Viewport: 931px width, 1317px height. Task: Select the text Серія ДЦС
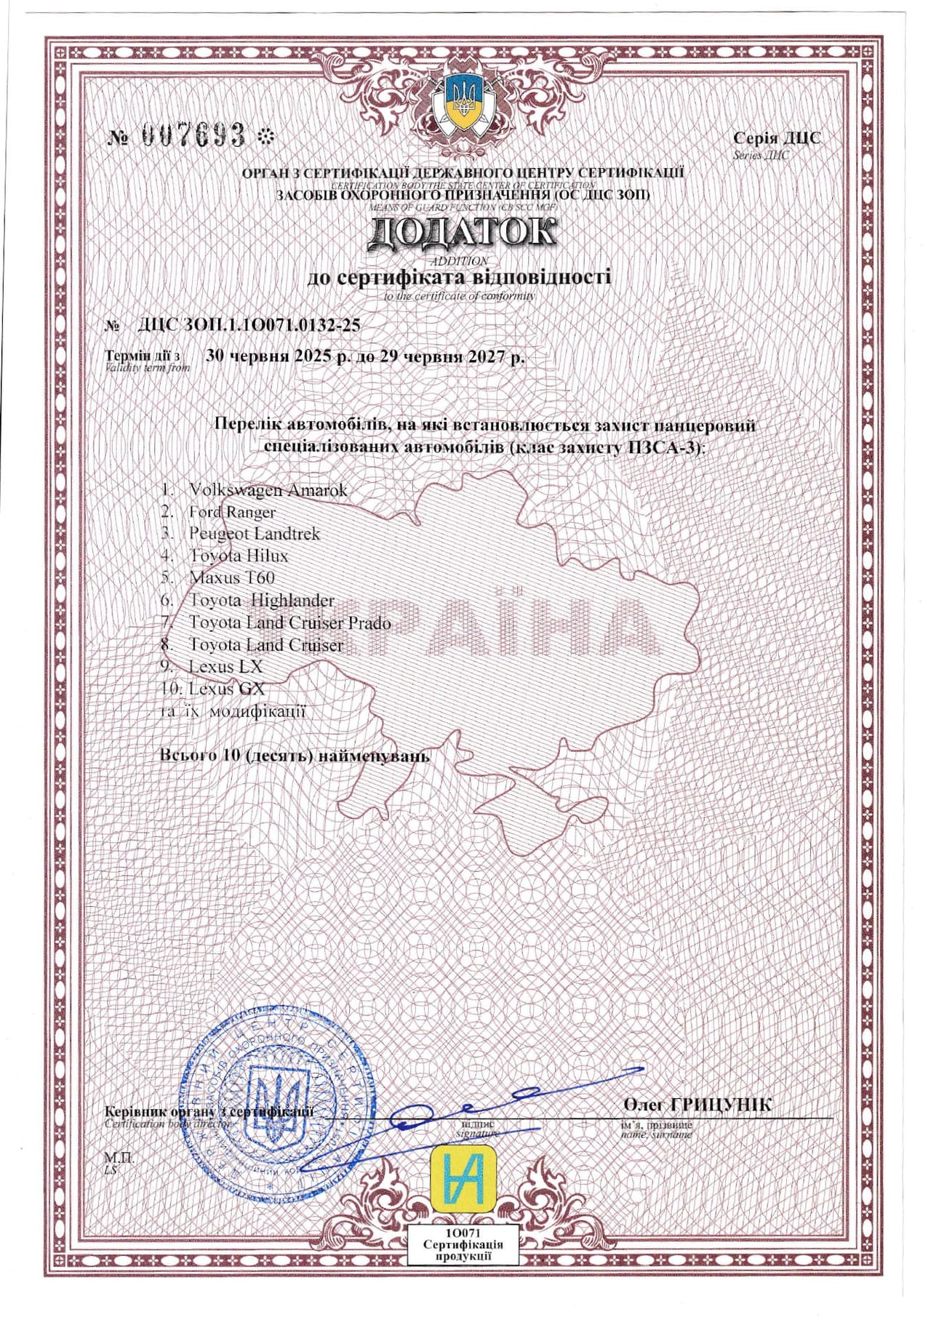(x=776, y=138)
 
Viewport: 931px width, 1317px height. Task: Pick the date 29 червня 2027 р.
(x=452, y=357)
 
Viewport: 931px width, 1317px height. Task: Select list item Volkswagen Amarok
(x=267, y=490)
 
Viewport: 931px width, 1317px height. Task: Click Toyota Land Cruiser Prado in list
(x=289, y=623)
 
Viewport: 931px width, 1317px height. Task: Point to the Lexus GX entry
(x=226, y=689)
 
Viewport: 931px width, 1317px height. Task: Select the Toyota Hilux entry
(x=238, y=556)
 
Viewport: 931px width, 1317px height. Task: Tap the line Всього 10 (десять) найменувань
(x=295, y=756)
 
